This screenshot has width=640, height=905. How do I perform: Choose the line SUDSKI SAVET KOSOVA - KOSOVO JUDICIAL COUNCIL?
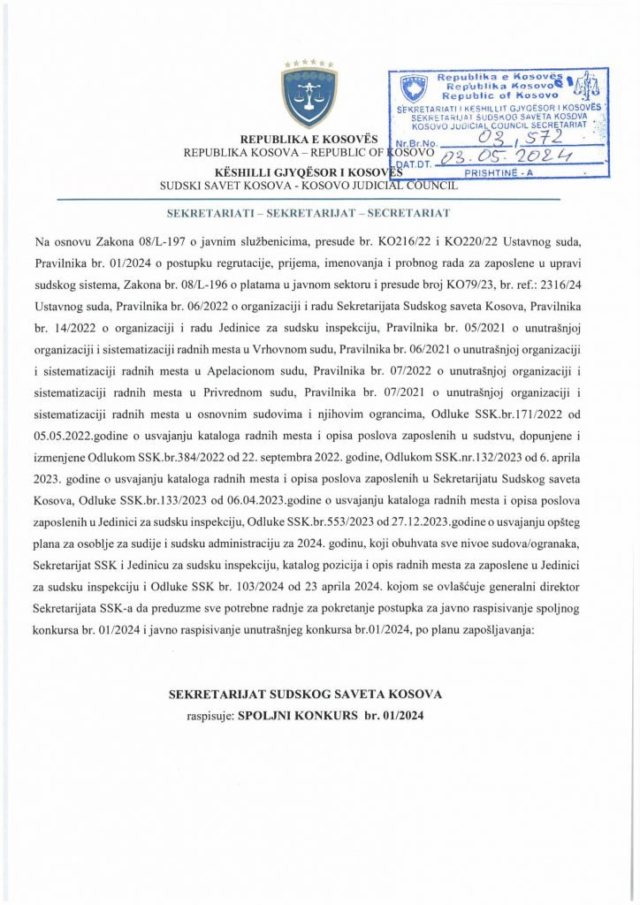pyautogui.click(x=308, y=186)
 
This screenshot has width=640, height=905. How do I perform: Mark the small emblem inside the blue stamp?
pyautogui.click(x=411, y=88)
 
